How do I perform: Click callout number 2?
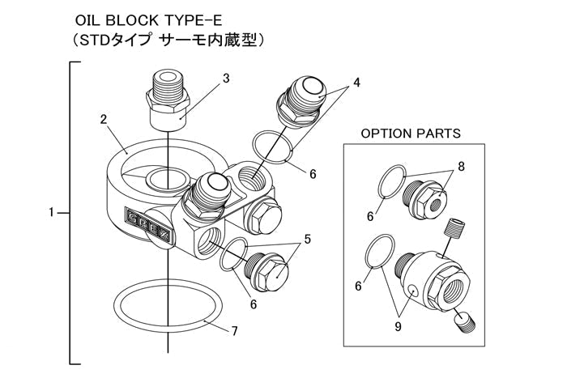click(104, 119)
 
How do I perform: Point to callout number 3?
click(226, 79)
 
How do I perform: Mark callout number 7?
click(234, 332)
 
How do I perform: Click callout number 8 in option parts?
click(462, 166)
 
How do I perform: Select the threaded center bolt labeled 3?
click(168, 101)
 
